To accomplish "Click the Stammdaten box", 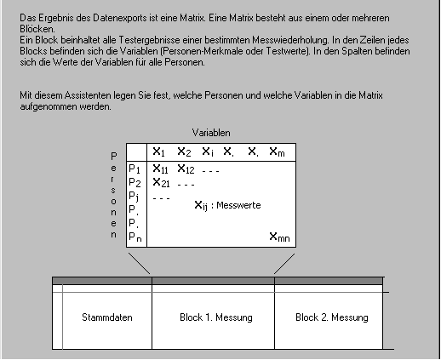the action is [102, 317].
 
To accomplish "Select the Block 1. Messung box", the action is [216, 317].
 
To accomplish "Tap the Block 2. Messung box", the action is [332, 317].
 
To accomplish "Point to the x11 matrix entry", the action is [160, 169].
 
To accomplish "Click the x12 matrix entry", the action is [186, 169].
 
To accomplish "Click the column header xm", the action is [278, 152].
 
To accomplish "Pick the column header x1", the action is [159, 152].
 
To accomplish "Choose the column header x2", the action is [183, 152].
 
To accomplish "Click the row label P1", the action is [135, 169].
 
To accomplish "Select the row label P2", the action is [135, 183].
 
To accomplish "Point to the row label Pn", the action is [135, 237].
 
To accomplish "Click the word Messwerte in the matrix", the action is [239, 205].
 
